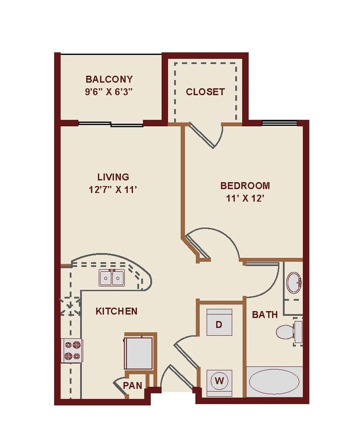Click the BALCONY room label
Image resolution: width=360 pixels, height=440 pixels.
click(x=109, y=79)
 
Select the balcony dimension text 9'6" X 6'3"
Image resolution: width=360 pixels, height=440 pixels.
click(x=109, y=92)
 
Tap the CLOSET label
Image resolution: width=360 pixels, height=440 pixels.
click(x=205, y=91)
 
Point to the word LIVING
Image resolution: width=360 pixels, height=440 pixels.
click(x=113, y=177)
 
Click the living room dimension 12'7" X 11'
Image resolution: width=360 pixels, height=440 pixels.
click(x=113, y=190)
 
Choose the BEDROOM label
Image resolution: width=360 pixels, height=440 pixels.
click(x=245, y=185)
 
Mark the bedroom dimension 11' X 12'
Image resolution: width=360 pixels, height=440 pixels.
click(x=245, y=198)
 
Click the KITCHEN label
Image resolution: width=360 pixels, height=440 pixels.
click(x=116, y=311)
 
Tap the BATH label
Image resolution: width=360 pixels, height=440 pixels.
click(x=265, y=314)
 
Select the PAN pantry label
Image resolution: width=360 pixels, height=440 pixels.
click(x=132, y=385)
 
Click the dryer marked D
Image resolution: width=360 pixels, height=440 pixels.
click(x=219, y=324)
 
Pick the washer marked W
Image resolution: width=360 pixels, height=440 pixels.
click(x=219, y=381)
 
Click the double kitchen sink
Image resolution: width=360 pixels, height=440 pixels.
click(x=112, y=277)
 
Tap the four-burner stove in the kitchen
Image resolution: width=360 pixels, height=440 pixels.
click(x=71, y=350)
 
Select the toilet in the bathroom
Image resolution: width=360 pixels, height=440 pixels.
click(x=287, y=332)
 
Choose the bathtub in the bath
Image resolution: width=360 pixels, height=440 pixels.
click(x=274, y=382)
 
